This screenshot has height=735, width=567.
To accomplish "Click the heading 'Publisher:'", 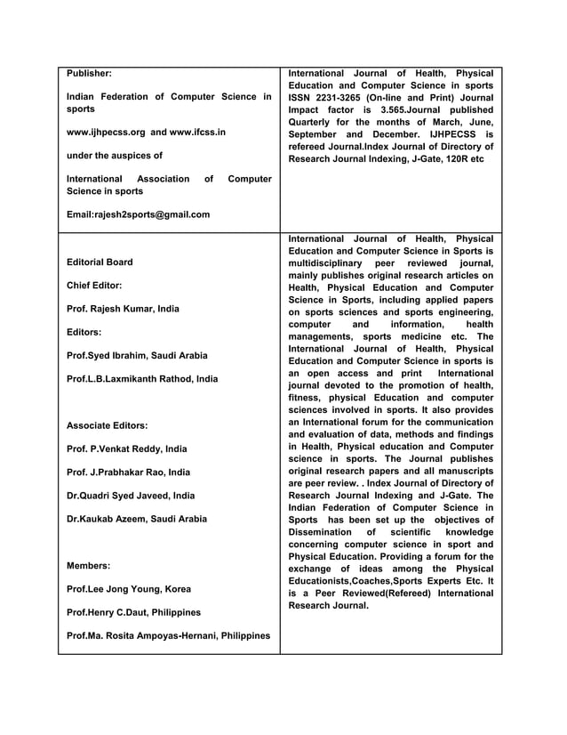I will click(x=90, y=74).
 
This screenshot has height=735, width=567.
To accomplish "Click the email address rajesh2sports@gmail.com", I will click(x=139, y=214).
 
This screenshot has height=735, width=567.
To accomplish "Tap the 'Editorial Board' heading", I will click(x=100, y=262).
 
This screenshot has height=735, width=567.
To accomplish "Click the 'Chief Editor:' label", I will click(x=95, y=286).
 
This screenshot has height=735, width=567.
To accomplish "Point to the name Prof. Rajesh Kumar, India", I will click(x=124, y=309).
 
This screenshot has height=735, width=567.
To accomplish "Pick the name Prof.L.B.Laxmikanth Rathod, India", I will click(x=142, y=379).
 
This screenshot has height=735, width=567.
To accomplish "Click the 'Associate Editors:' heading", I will click(x=108, y=425).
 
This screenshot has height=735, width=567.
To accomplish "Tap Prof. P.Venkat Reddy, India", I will click(x=127, y=449).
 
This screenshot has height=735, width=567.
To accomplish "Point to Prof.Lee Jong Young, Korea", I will click(x=129, y=589).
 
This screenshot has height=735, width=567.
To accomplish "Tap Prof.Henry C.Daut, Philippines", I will click(x=134, y=612).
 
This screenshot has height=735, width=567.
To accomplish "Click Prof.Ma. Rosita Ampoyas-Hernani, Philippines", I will click(x=168, y=635).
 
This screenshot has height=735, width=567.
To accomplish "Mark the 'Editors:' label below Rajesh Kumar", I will click(x=85, y=332).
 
